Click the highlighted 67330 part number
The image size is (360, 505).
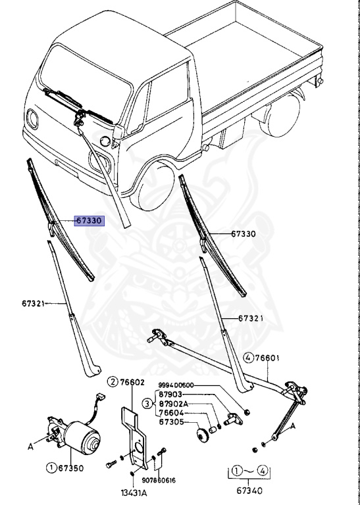pyautogui.click(x=90, y=221)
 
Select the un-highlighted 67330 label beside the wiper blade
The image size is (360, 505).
pyautogui.click(x=244, y=234)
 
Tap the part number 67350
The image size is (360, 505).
pyautogui.click(x=71, y=468)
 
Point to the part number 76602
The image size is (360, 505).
pyautogui.click(x=132, y=382)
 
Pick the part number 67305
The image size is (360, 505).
pyautogui.click(x=172, y=422)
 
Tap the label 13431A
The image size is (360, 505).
pyautogui.click(x=134, y=493)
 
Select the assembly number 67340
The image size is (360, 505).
pyautogui.click(x=249, y=491)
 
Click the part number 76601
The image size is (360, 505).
pyautogui.click(x=267, y=358)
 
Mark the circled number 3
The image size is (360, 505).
pyautogui.click(x=147, y=404)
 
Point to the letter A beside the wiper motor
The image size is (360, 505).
pyautogui.click(x=31, y=446)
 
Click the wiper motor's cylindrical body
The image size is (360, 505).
pyautogui.click(x=82, y=437)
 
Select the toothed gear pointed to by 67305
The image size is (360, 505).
pyautogui.click(x=202, y=436)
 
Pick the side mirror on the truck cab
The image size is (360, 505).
pyautogui.click(x=118, y=132)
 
